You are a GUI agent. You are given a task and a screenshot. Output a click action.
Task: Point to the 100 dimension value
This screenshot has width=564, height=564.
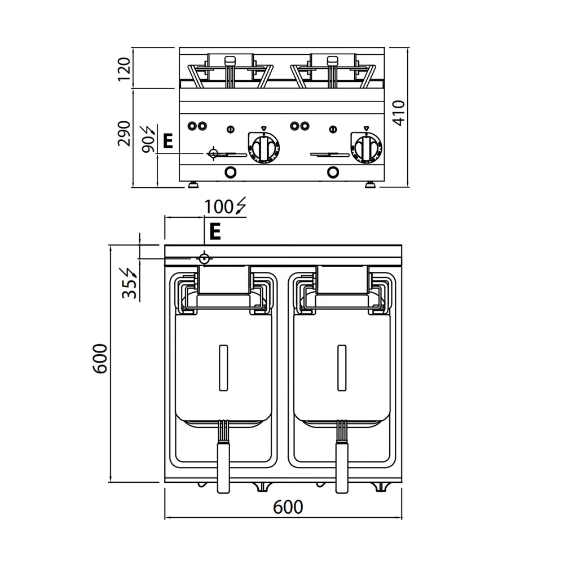pyautogui.click(x=219, y=207)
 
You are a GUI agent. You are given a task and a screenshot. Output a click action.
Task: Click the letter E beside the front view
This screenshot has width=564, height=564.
pyautogui.click(x=167, y=141)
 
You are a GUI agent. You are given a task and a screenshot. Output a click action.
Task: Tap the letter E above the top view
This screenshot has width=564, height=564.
pyautogui.click(x=214, y=231)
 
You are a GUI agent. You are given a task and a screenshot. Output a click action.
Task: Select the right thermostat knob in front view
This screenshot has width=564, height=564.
pyautogui.click(x=365, y=148)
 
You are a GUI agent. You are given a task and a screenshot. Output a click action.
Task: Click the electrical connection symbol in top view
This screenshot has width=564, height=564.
pyautogui.click(x=204, y=258)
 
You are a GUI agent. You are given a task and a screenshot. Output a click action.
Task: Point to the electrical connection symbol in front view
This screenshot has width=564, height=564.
pyautogui.click(x=214, y=153)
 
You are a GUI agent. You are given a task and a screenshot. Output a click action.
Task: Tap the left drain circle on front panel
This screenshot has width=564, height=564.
pyautogui.click(x=230, y=172)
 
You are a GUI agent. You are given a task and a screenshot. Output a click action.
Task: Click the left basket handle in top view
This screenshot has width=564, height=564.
pyautogui.click(x=224, y=465)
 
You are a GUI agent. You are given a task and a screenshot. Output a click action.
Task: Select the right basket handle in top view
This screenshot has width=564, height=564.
pyautogui.click(x=341, y=465)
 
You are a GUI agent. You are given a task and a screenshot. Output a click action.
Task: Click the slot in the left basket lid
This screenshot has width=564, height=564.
pyautogui.click(x=224, y=367)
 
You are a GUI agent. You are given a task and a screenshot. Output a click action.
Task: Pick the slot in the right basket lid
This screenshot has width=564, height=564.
pyautogui.click(x=341, y=367)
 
